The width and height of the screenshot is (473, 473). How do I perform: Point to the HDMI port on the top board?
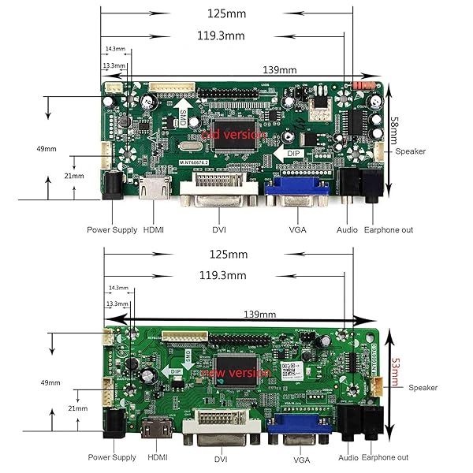coord(155,190)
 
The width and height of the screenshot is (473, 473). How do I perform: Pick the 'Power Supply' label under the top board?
coord(111,230)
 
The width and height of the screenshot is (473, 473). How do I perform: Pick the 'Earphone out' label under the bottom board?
coord(385,457)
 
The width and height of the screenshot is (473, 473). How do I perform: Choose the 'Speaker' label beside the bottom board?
coord(423,387)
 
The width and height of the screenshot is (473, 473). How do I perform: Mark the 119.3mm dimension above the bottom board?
coord(222,275)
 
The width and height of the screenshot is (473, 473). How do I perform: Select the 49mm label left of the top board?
coord(47,148)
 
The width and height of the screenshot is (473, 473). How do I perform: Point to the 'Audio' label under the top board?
coord(348,230)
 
